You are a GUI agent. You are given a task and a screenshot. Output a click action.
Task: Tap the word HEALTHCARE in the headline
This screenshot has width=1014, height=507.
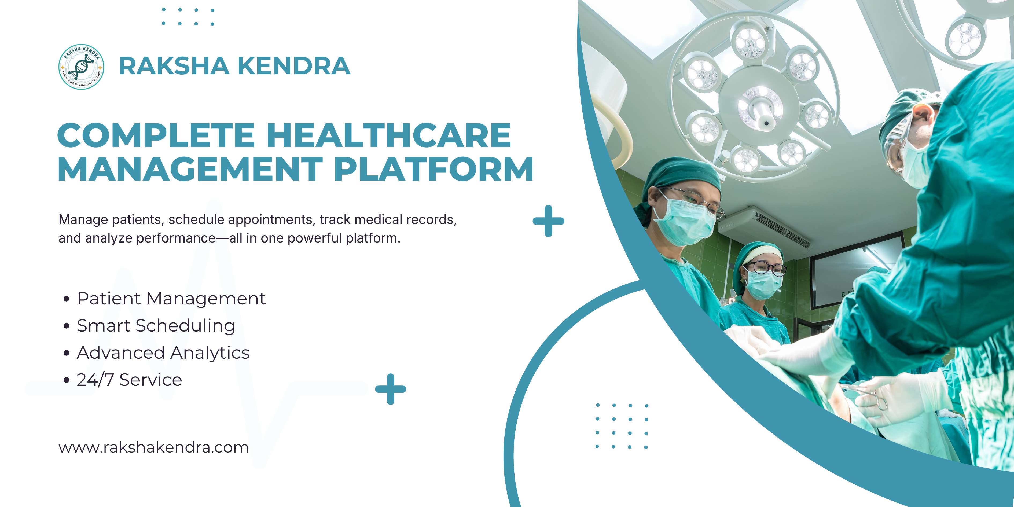click(x=389, y=135)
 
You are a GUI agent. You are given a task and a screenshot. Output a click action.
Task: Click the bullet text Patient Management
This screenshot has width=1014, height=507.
click(x=171, y=298)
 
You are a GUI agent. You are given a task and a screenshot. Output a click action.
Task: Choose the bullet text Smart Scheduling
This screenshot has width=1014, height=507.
click(x=156, y=326)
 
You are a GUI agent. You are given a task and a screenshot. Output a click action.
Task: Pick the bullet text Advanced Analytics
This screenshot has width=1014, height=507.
click(x=163, y=353)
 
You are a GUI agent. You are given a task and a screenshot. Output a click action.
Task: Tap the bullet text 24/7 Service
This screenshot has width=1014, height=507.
click(x=130, y=380)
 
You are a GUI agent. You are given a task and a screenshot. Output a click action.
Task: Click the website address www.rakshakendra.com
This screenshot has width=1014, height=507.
click(x=153, y=447)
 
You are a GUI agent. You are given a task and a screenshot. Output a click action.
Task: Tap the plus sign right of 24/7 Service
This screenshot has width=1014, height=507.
click(x=391, y=389)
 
